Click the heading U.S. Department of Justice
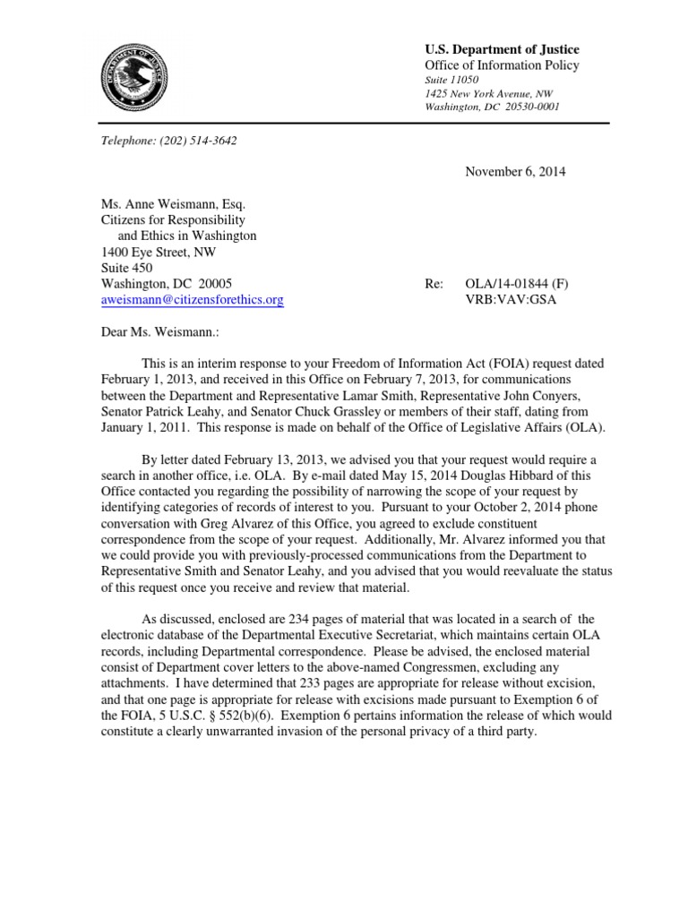click(501, 49)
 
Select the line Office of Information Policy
click(502, 65)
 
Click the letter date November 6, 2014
click(514, 171)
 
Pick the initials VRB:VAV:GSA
click(505, 300)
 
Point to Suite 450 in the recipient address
click(125, 268)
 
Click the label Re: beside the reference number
click(434, 284)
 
